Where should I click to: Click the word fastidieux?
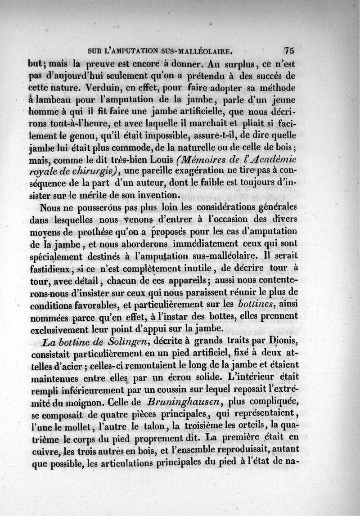53,268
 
